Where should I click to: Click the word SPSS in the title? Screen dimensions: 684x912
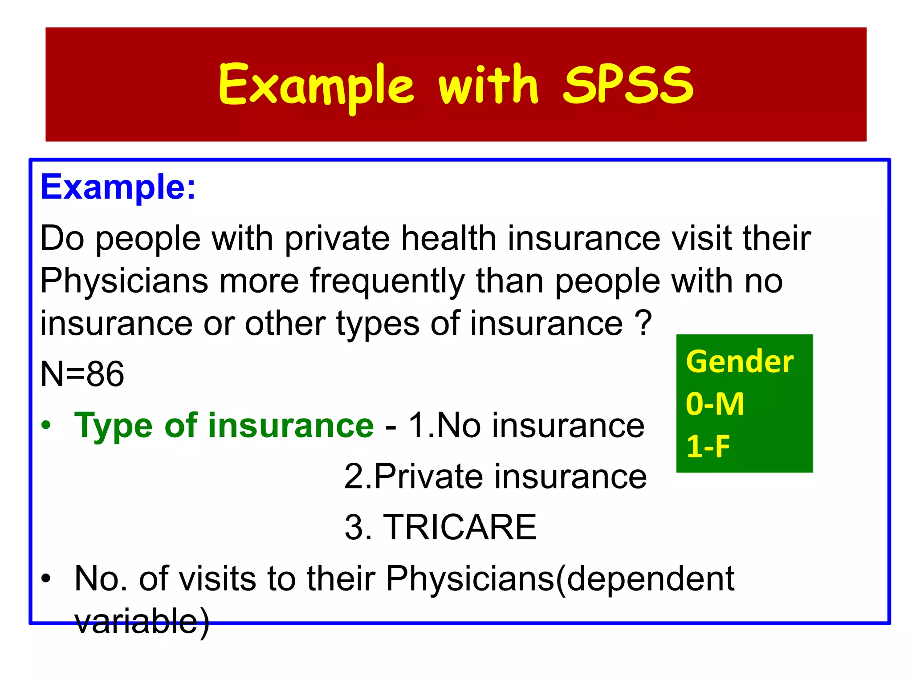pyautogui.click(x=628, y=85)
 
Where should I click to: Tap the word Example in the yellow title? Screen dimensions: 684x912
pyautogui.click(x=316, y=85)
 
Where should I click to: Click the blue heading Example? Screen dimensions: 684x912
pyautogui.click(x=118, y=187)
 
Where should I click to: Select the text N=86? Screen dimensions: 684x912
pyautogui.click(x=82, y=374)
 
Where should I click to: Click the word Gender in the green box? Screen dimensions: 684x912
pyautogui.click(x=740, y=361)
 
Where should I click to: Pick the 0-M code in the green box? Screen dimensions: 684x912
pyautogui.click(x=715, y=404)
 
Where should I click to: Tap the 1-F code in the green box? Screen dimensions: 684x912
pyautogui.click(x=708, y=446)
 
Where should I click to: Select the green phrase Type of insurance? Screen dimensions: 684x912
pyautogui.click(x=224, y=425)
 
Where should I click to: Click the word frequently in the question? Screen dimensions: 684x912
pyautogui.click(x=387, y=281)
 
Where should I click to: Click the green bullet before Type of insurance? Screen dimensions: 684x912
pyautogui.click(x=46, y=426)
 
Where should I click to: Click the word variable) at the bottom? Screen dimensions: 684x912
pyautogui.click(x=142, y=621)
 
